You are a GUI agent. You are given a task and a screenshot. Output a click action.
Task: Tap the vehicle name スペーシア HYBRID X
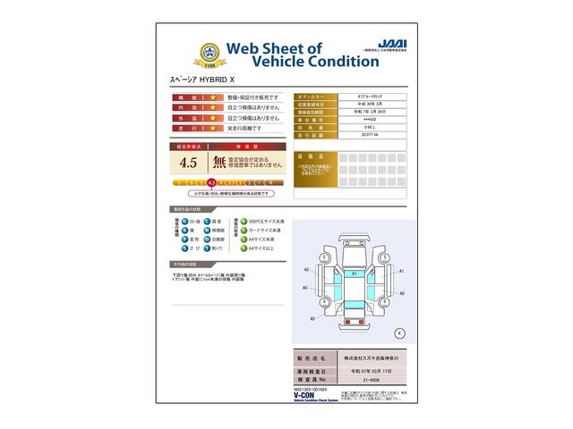pos(203,80)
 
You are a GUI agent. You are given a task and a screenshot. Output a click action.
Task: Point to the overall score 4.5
pos(188,163)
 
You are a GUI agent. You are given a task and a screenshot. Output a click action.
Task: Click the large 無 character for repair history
pos(219,163)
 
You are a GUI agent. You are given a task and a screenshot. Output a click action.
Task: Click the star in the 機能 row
pos(214,97)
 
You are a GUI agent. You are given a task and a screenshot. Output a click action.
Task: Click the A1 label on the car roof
pos(355,272)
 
